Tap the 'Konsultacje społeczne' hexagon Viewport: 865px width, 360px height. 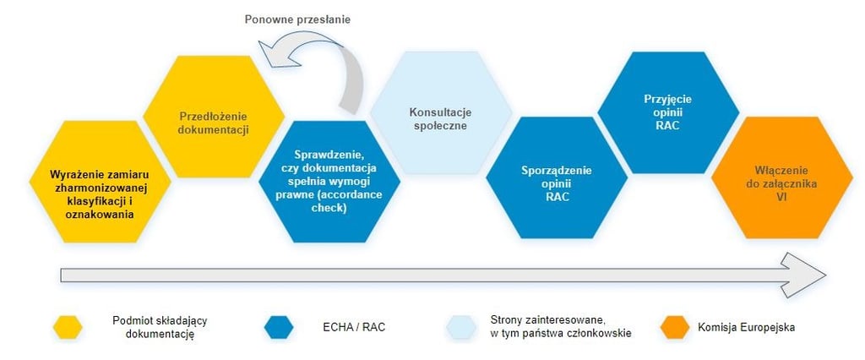click(x=440, y=118)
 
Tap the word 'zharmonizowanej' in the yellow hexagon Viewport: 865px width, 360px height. click(x=99, y=187)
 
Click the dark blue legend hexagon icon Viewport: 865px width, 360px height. click(x=278, y=327)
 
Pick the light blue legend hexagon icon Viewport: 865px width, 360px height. click(x=464, y=327)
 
